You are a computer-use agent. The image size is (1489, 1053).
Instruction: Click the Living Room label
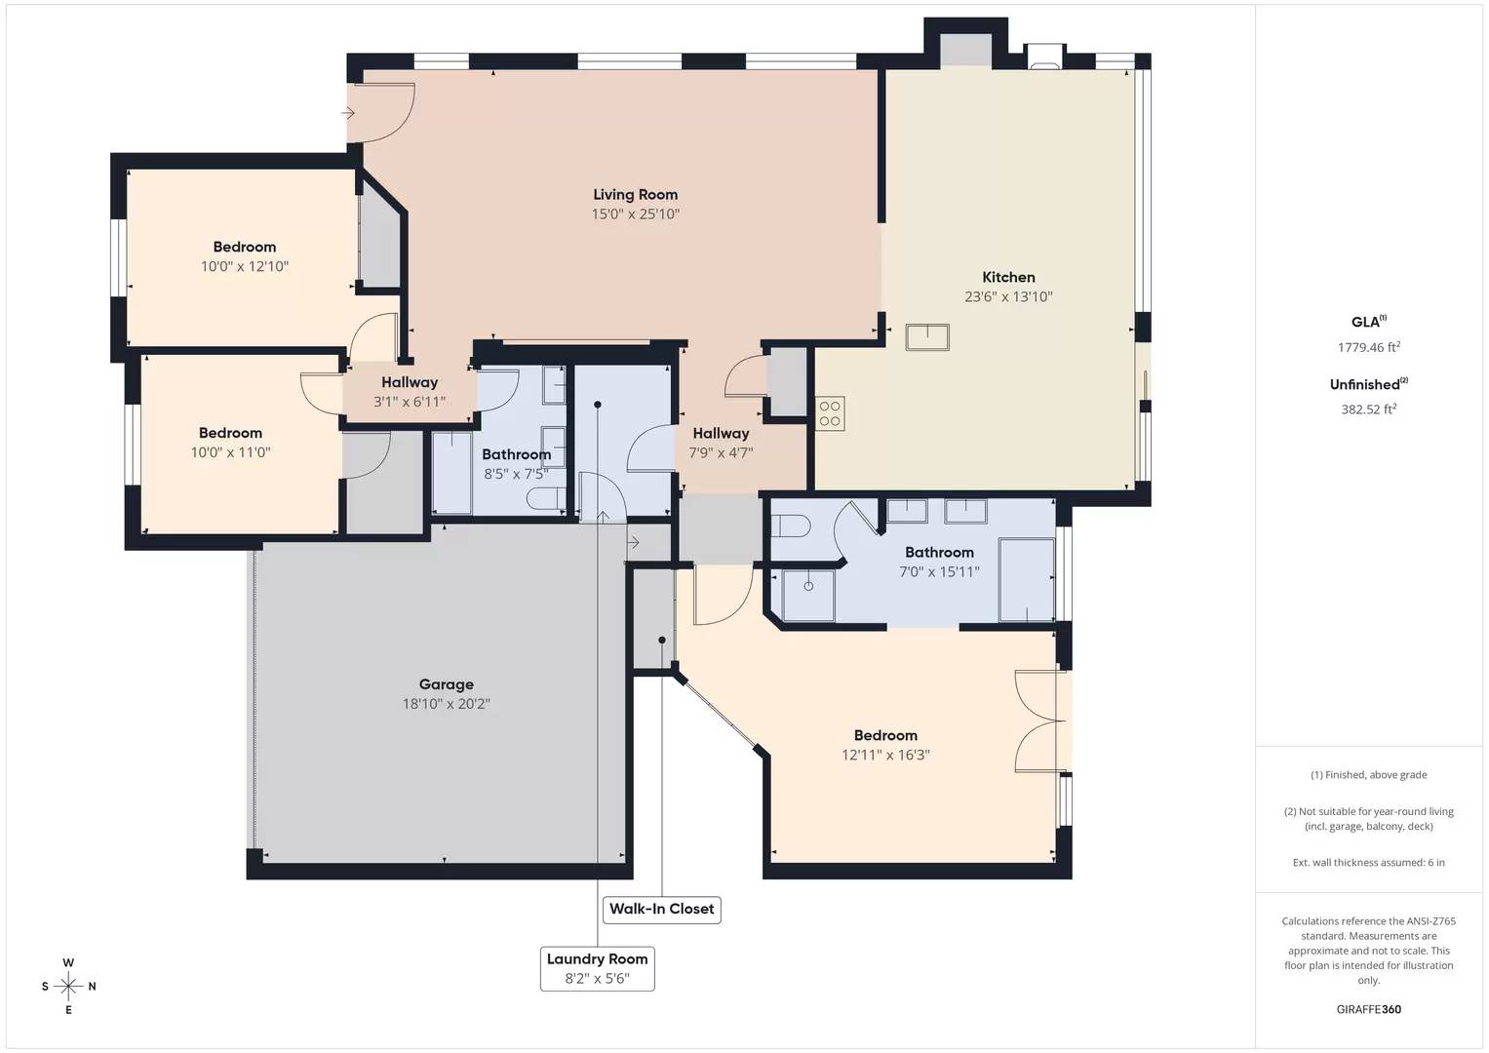[x=635, y=195]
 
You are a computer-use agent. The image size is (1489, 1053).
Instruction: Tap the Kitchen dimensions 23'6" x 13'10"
[x=1008, y=297]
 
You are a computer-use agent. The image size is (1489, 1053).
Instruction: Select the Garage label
[x=446, y=684]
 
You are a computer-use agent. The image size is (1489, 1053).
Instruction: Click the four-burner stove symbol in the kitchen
[x=830, y=413]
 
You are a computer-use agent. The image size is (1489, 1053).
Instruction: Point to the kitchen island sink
[x=926, y=337]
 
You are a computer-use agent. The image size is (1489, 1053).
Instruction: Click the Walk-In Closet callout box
[x=661, y=909]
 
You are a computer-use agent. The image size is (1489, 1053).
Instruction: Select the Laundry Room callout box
[x=597, y=968]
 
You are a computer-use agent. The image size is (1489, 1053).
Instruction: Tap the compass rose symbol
[x=68, y=986]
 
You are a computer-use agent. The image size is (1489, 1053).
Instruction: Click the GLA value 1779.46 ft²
[x=1368, y=347]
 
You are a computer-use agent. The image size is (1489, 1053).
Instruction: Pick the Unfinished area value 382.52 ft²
[x=1368, y=409]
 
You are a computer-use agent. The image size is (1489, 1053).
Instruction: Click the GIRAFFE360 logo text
[x=1368, y=1009]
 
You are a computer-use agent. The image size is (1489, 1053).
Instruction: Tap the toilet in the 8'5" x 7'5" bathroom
[x=543, y=499]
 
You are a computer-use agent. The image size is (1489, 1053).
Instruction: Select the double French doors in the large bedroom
[x=1038, y=721]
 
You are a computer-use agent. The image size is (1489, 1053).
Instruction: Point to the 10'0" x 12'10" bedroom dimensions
[x=245, y=267]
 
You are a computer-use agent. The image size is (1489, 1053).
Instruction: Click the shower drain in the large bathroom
[x=808, y=586]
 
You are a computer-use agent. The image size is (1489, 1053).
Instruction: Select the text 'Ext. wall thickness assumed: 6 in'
[x=1368, y=862]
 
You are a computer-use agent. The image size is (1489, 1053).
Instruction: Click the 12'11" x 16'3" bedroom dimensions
[x=885, y=755]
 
